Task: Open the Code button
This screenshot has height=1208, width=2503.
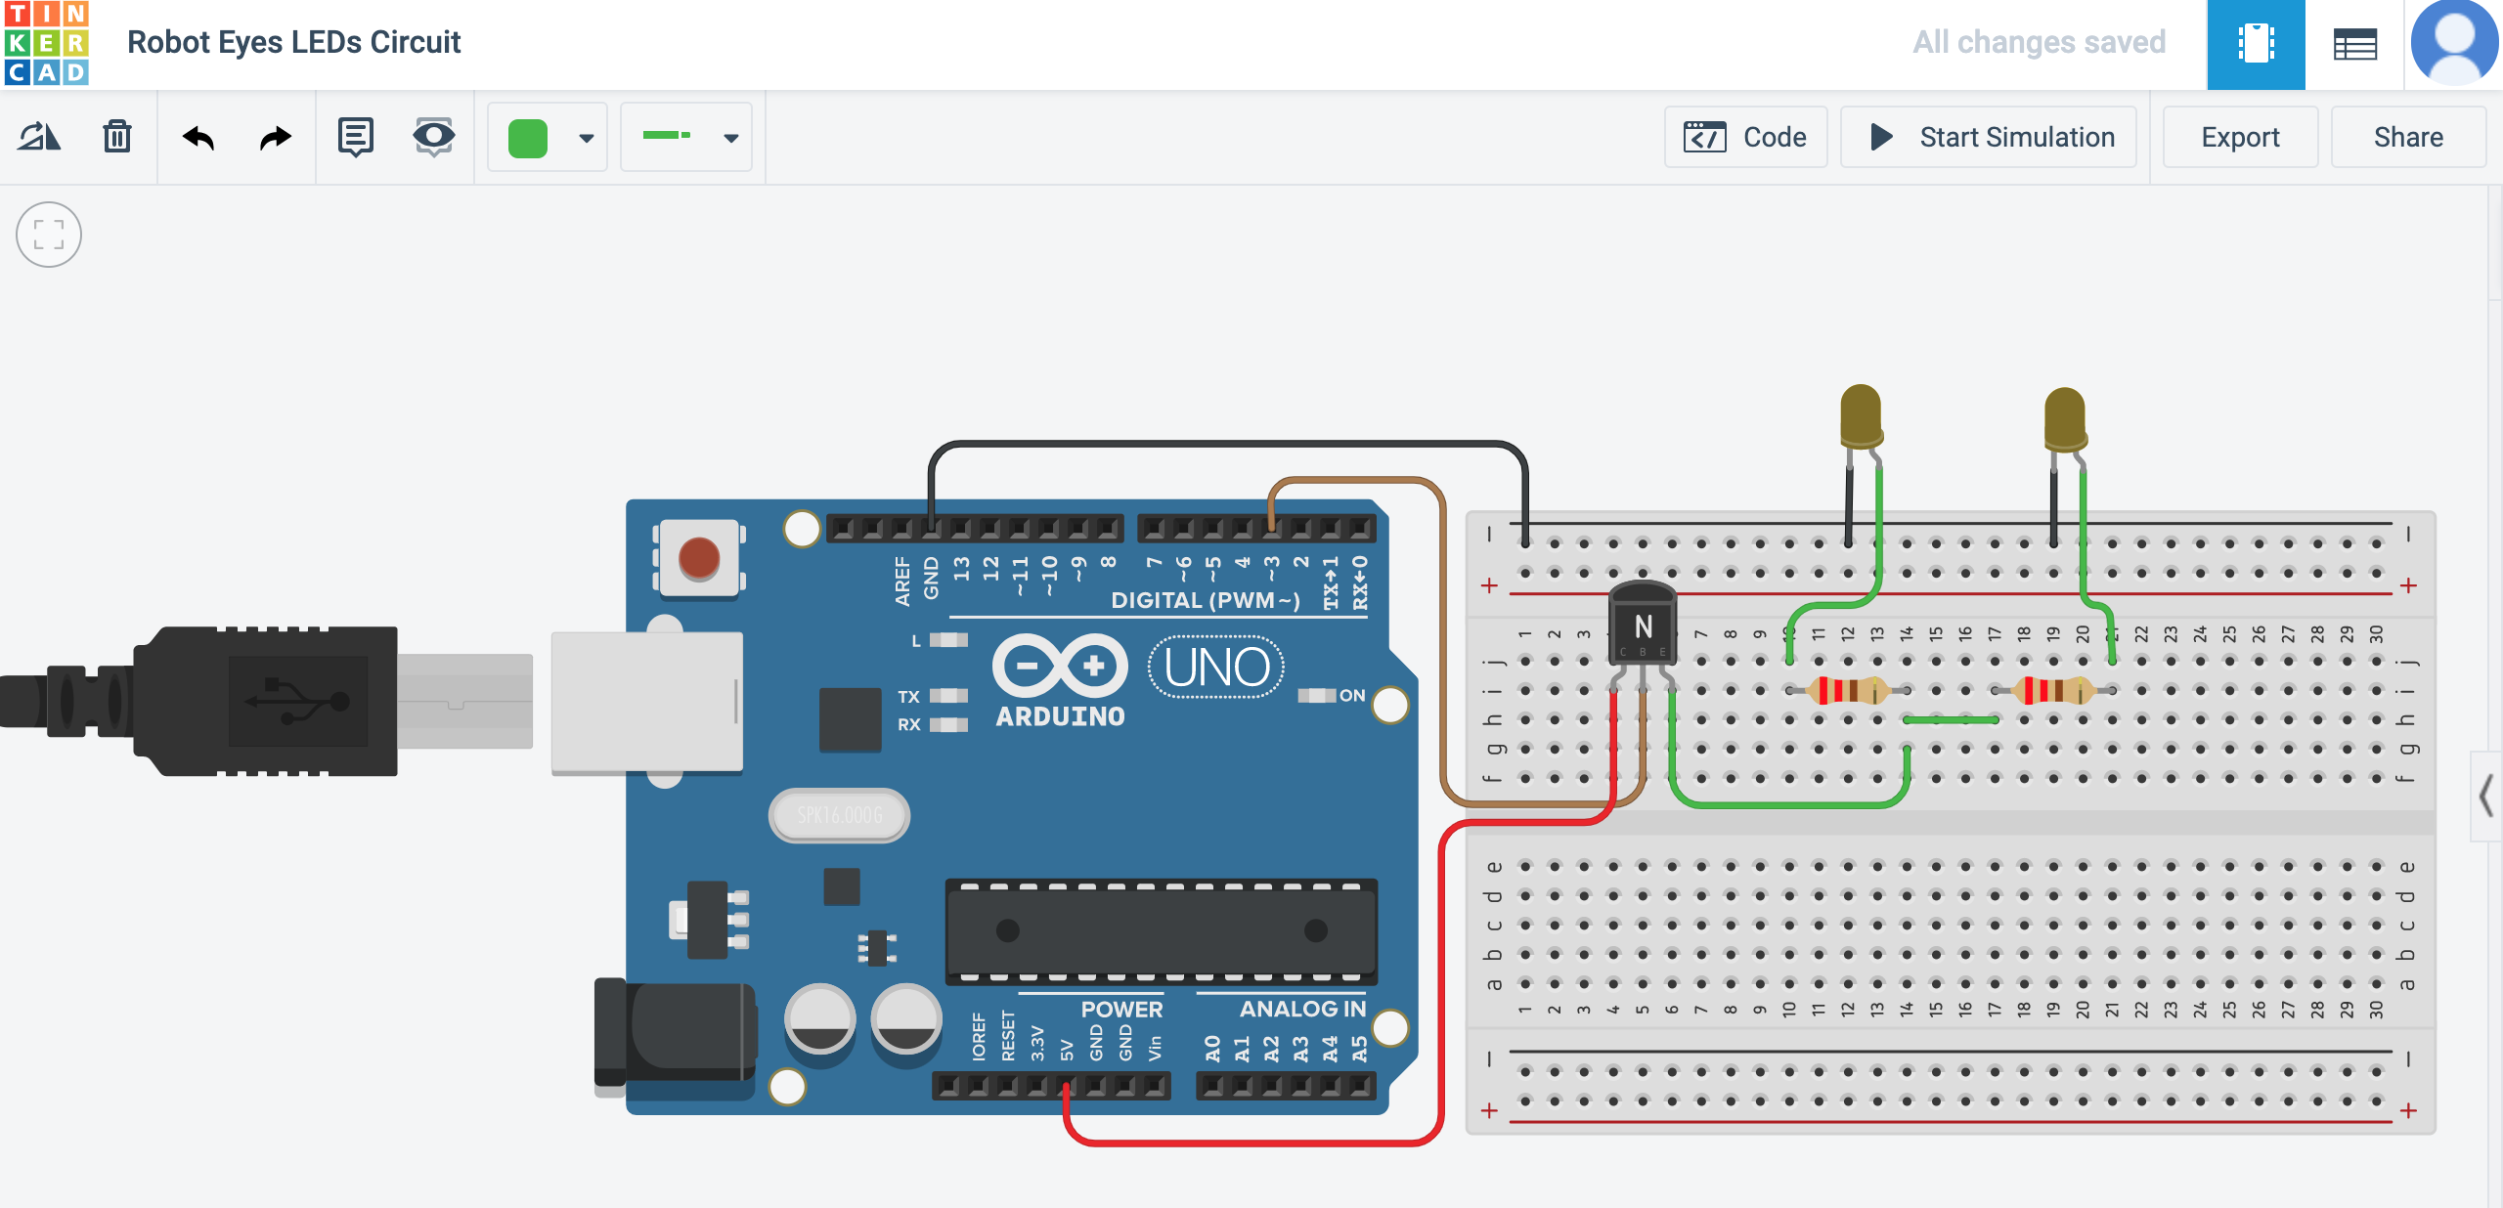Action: click(x=1745, y=137)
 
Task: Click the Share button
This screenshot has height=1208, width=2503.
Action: click(x=2407, y=137)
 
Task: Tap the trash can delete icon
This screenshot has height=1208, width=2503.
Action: click(x=117, y=137)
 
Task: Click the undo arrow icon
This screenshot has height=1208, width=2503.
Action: click(x=198, y=138)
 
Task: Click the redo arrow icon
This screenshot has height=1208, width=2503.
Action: click(x=276, y=138)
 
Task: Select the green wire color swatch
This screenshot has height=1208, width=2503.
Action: click(x=528, y=138)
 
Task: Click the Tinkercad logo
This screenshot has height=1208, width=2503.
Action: click(x=46, y=43)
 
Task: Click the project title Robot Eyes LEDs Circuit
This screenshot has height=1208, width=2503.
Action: click(x=293, y=42)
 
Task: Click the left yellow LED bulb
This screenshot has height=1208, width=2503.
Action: click(x=1860, y=415)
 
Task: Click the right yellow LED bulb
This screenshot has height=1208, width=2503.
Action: click(x=2064, y=418)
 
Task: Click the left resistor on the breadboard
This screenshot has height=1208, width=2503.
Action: click(x=1848, y=690)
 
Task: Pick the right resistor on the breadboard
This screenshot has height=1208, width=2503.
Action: click(x=2053, y=690)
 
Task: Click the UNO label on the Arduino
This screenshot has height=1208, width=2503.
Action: click(x=1216, y=668)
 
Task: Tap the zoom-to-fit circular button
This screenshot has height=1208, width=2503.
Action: click(x=49, y=235)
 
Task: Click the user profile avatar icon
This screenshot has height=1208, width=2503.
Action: click(x=2454, y=43)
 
